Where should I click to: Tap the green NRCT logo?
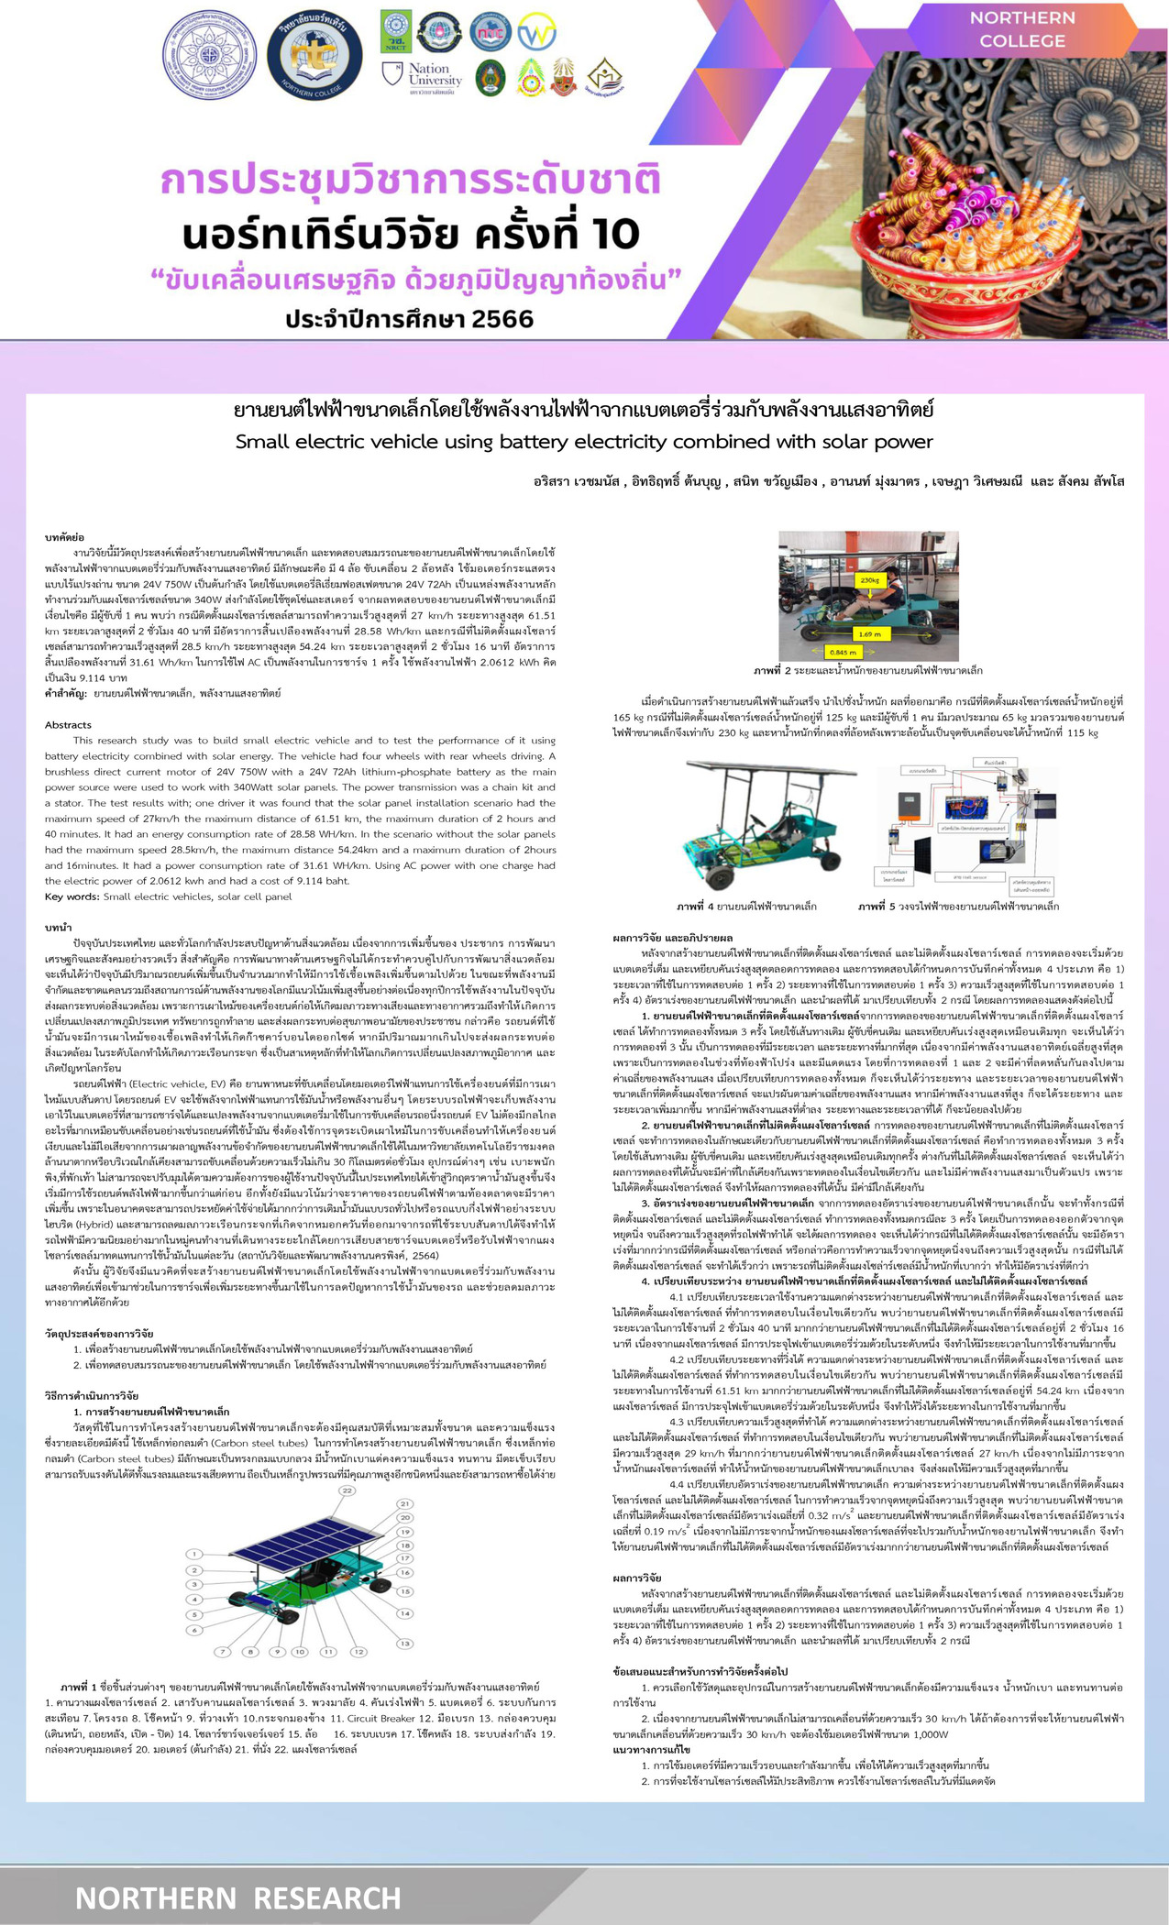396,28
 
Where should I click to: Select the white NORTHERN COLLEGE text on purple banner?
1021,29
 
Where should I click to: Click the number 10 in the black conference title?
608,236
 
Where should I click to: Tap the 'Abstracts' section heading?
69,724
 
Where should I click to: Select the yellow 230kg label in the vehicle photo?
869,580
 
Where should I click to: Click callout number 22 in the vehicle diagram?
347,1490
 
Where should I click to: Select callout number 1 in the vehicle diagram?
194,1554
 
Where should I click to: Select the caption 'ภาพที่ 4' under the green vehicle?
696,906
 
